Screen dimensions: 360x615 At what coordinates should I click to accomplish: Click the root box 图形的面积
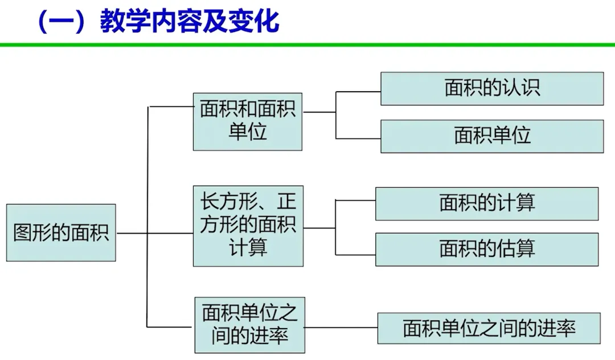(x=61, y=232)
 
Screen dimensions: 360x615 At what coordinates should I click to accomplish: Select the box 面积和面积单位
(x=247, y=121)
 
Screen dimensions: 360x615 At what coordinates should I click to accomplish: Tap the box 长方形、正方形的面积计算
(x=247, y=226)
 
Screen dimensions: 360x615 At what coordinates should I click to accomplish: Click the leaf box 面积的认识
(x=492, y=88)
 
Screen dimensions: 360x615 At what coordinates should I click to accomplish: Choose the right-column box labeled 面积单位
(x=492, y=136)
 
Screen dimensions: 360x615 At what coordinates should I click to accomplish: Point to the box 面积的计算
(x=487, y=203)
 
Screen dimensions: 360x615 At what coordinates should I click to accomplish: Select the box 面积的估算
(x=487, y=249)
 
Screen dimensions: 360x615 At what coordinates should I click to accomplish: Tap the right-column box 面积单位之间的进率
(x=489, y=328)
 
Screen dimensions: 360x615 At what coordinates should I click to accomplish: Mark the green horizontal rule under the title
(x=307, y=44)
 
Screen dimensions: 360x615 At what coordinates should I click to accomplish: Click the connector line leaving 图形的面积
(x=132, y=233)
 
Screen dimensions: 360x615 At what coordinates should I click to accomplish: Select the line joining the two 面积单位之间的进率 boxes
(x=341, y=328)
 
